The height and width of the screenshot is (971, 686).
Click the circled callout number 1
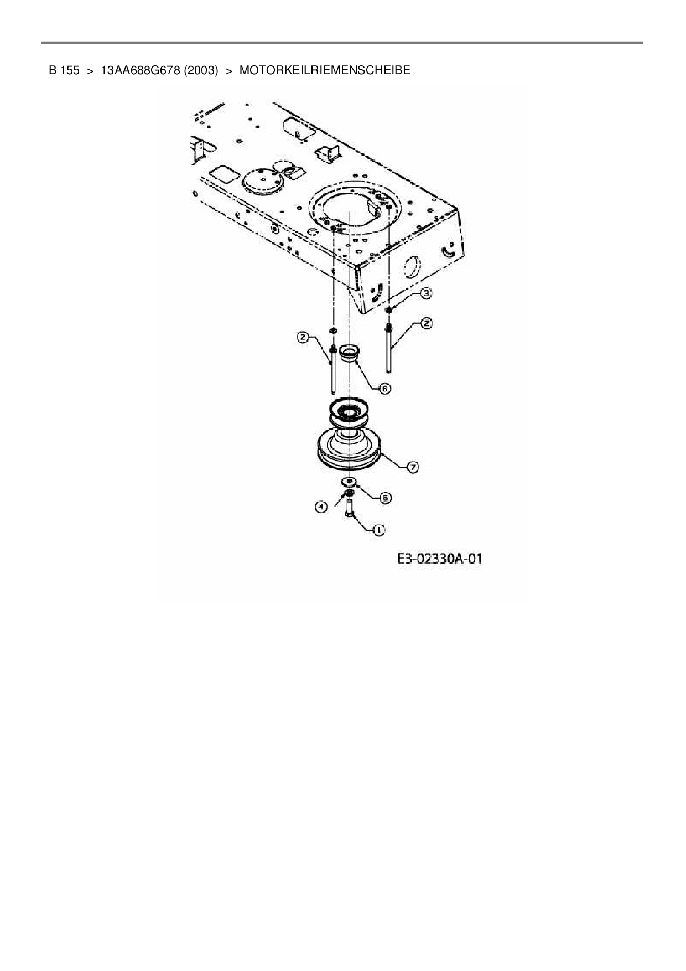tap(378, 530)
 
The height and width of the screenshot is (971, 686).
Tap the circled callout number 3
tap(425, 293)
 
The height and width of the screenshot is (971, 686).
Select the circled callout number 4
tap(321, 505)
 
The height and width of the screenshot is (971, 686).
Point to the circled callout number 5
tap(385, 498)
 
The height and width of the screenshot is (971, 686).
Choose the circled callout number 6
tap(384, 389)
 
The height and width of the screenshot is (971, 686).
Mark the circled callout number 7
tap(413, 467)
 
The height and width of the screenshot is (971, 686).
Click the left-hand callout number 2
tap(303, 338)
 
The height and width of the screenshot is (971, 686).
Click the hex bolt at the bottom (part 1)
tap(350, 508)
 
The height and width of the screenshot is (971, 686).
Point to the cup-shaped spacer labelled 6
tap(349, 353)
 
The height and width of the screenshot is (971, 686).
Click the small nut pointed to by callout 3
tap(389, 308)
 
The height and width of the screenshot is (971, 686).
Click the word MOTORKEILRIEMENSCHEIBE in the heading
tap(325, 70)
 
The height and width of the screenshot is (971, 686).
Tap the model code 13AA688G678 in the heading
tap(141, 70)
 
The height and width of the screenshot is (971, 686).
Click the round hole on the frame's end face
tap(412, 267)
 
